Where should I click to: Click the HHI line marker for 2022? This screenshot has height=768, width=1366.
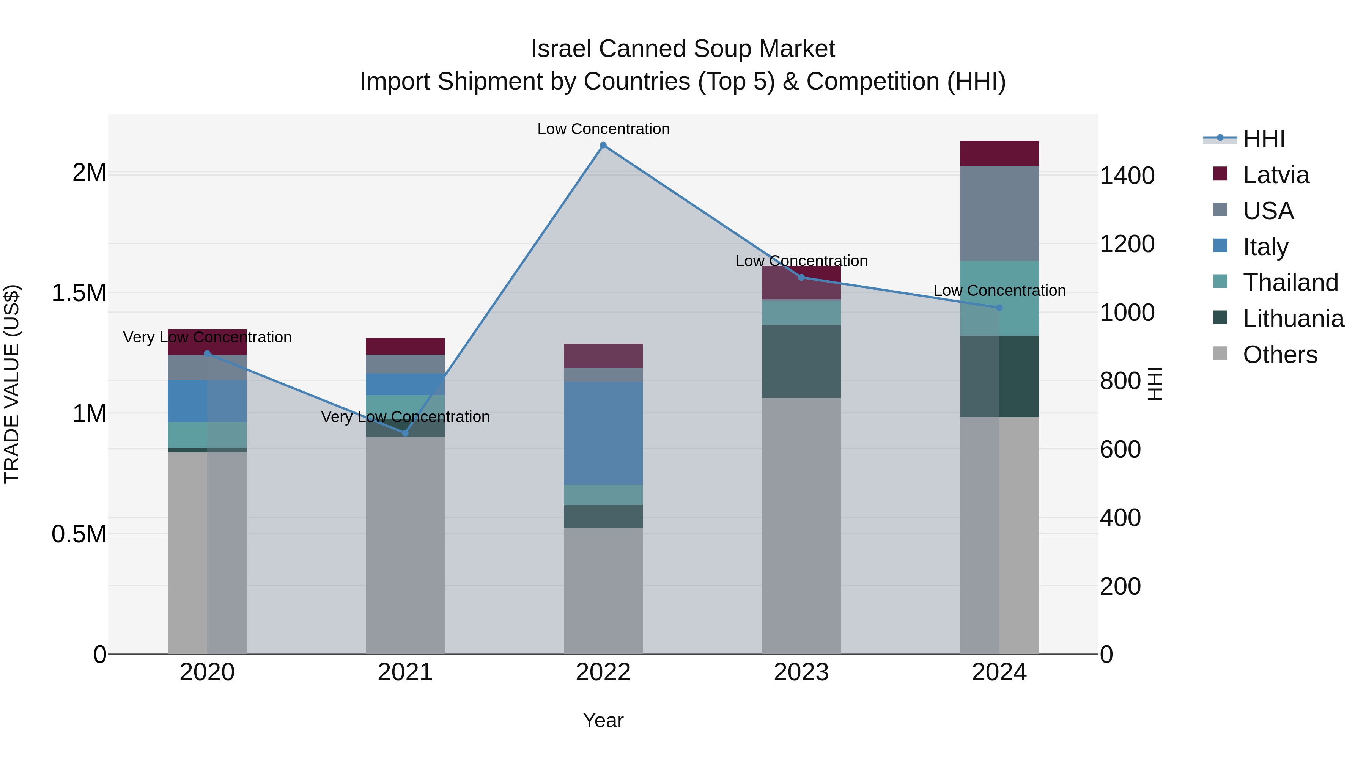point(603,145)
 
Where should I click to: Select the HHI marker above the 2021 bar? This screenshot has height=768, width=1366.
point(405,433)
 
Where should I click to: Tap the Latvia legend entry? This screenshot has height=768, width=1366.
point(1275,175)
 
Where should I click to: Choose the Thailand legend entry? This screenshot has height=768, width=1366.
point(1290,283)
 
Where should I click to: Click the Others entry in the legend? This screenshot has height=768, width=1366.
point(1279,355)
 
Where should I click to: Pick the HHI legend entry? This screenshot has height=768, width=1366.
point(1263,139)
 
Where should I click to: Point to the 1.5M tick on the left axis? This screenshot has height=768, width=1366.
point(79,293)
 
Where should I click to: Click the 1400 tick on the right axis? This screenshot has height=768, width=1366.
point(1127,176)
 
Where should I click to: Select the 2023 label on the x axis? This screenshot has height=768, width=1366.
point(801,672)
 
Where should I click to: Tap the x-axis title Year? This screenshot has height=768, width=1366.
point(603,720)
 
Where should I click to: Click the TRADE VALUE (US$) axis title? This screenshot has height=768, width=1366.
point(12,384)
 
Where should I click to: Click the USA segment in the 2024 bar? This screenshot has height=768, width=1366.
point(999,213)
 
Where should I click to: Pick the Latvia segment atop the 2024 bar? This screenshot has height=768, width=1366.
point(999,153)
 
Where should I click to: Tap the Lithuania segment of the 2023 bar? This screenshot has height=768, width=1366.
point(801,361)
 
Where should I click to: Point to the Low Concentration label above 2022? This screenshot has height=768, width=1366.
point(603,129)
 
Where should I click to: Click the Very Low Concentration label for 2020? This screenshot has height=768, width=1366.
point(207,337)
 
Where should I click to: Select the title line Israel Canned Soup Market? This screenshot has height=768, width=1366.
point(683,49)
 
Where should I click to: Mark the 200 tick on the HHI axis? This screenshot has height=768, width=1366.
point(1120,586)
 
